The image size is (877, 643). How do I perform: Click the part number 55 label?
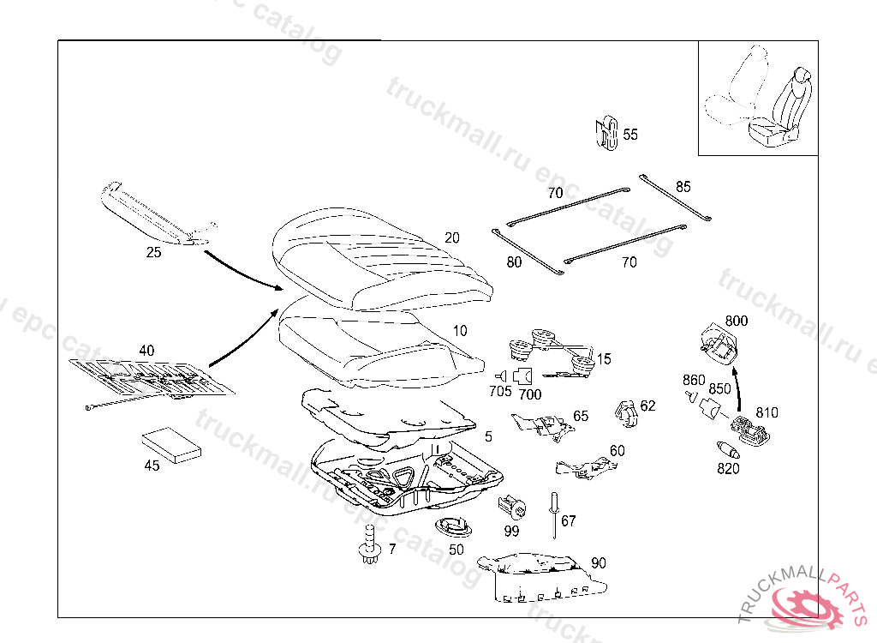630,135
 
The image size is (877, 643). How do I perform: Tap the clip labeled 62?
628,412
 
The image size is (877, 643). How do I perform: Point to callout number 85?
683,186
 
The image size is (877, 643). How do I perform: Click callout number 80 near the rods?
514,262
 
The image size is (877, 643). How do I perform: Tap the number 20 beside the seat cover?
452,237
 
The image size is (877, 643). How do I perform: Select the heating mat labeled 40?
150,376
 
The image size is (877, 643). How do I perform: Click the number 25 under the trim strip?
153,253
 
